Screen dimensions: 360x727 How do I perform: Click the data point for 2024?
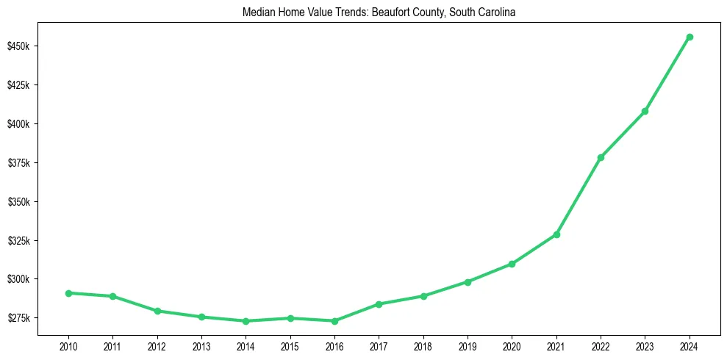pos(690,37)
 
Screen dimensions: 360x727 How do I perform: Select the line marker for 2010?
pos(68,293)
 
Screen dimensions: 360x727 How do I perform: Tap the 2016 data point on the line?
pos(334,321)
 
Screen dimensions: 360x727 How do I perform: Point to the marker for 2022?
pos(601,157)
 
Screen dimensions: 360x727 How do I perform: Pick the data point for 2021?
pos(556,234)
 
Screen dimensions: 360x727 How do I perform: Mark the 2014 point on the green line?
pos(246,321)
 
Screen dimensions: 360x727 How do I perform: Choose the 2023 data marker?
pos(645,111)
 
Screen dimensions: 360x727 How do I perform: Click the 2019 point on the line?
pos(468,281)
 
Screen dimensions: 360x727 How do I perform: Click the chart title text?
pos(379,12)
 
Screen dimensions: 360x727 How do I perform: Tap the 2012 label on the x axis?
pos(157,346)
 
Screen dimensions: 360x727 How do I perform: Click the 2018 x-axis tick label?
pos(423,346)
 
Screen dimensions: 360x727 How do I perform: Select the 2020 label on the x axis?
pos(512,346)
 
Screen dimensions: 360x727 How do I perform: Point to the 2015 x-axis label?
pos(290,346)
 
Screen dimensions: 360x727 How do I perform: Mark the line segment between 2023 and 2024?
pos(667,73)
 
